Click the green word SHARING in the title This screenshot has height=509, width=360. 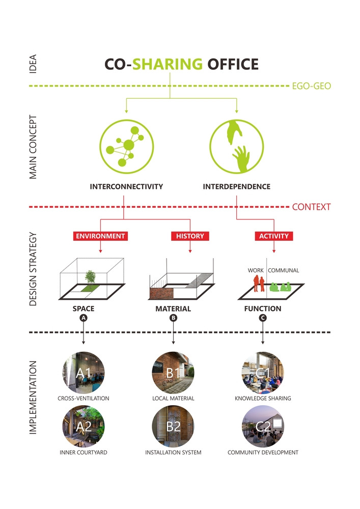point(168,65)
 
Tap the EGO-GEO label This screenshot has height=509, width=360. point(311,86)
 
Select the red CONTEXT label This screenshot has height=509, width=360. point(311,207)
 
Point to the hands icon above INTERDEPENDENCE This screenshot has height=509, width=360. point(237,146)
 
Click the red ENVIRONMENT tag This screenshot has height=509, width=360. point(100,236)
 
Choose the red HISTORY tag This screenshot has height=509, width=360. point(190,236)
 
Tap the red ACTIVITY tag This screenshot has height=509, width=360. point(274,236)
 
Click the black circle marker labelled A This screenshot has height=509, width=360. point(84,318)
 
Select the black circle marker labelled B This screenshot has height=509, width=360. point(173,318)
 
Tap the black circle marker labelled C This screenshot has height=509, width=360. point(263,318)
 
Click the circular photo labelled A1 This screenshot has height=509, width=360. point(84,373)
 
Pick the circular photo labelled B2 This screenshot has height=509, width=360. point(173,427)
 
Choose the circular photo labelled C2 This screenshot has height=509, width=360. point(263,427)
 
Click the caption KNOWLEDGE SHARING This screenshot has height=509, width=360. point(263,399)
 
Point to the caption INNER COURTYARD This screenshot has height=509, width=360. point(84,453)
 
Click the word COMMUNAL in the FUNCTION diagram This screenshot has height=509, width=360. point(284,271)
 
